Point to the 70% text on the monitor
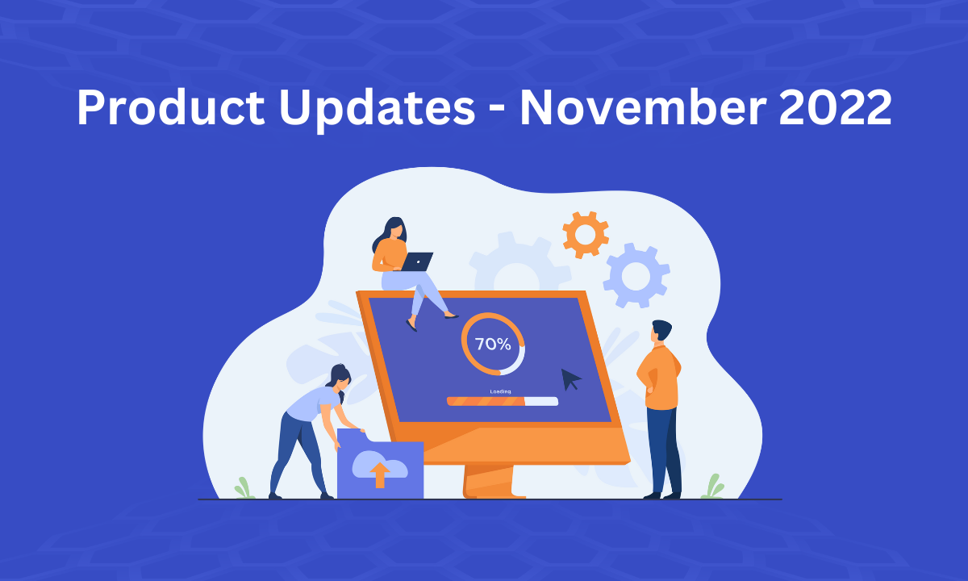(492, 345)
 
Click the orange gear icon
(586, 234)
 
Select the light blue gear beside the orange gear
(636, 276)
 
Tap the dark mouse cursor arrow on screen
(571, 379)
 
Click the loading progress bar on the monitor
(502, 401)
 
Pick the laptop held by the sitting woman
(416, 261)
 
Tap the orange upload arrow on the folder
(379, 476)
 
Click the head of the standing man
(661, 332)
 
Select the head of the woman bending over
(340, 378)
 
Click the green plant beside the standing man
(712, 487)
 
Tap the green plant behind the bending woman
(244, 488)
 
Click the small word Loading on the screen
(500, 391)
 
